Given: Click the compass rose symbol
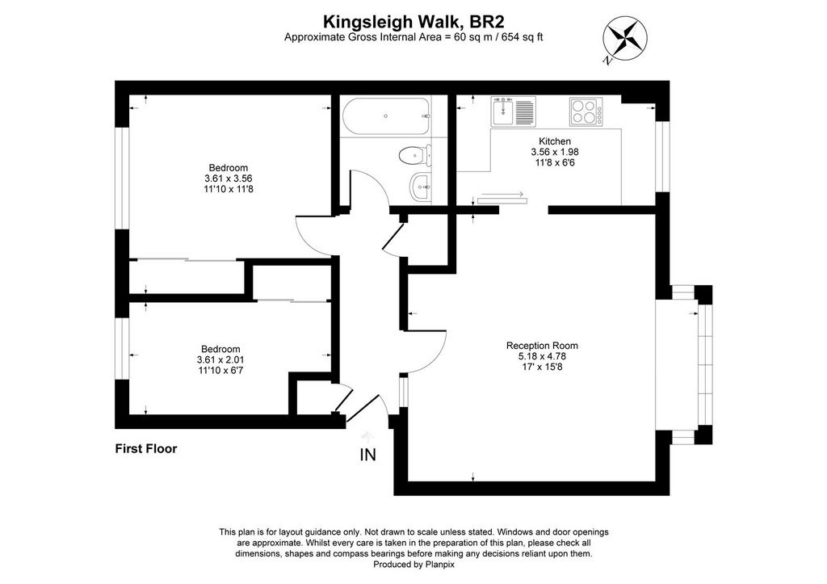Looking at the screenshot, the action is pyautogui.click(x=625, y=37).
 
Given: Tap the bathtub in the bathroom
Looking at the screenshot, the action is pyautogui.click(x=386, y=116).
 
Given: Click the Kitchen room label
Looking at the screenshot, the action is pyautogui.click(x=554, y=141).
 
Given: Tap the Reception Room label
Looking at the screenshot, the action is pyautogui.click(x=542, y=346).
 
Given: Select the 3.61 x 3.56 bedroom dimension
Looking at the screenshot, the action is pyautogui.click(x=229, y=179).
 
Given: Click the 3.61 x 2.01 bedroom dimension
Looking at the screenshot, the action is pyautogui.click(x=220, y=359).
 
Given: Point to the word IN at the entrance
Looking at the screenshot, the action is pyautogui.click(x=367, y=455).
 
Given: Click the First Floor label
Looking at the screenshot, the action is pyautogui.click(x=146, y=449).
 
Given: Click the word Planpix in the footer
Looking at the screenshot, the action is pyautogui.click(x=439, y=565).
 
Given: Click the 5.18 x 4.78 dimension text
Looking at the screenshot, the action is pyautogui.click(x=542, y=356).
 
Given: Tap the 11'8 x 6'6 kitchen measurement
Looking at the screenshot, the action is pyautogui.click(x=554, y=162).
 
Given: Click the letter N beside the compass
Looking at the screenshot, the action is pyautogui.click(x=608, y=61).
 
